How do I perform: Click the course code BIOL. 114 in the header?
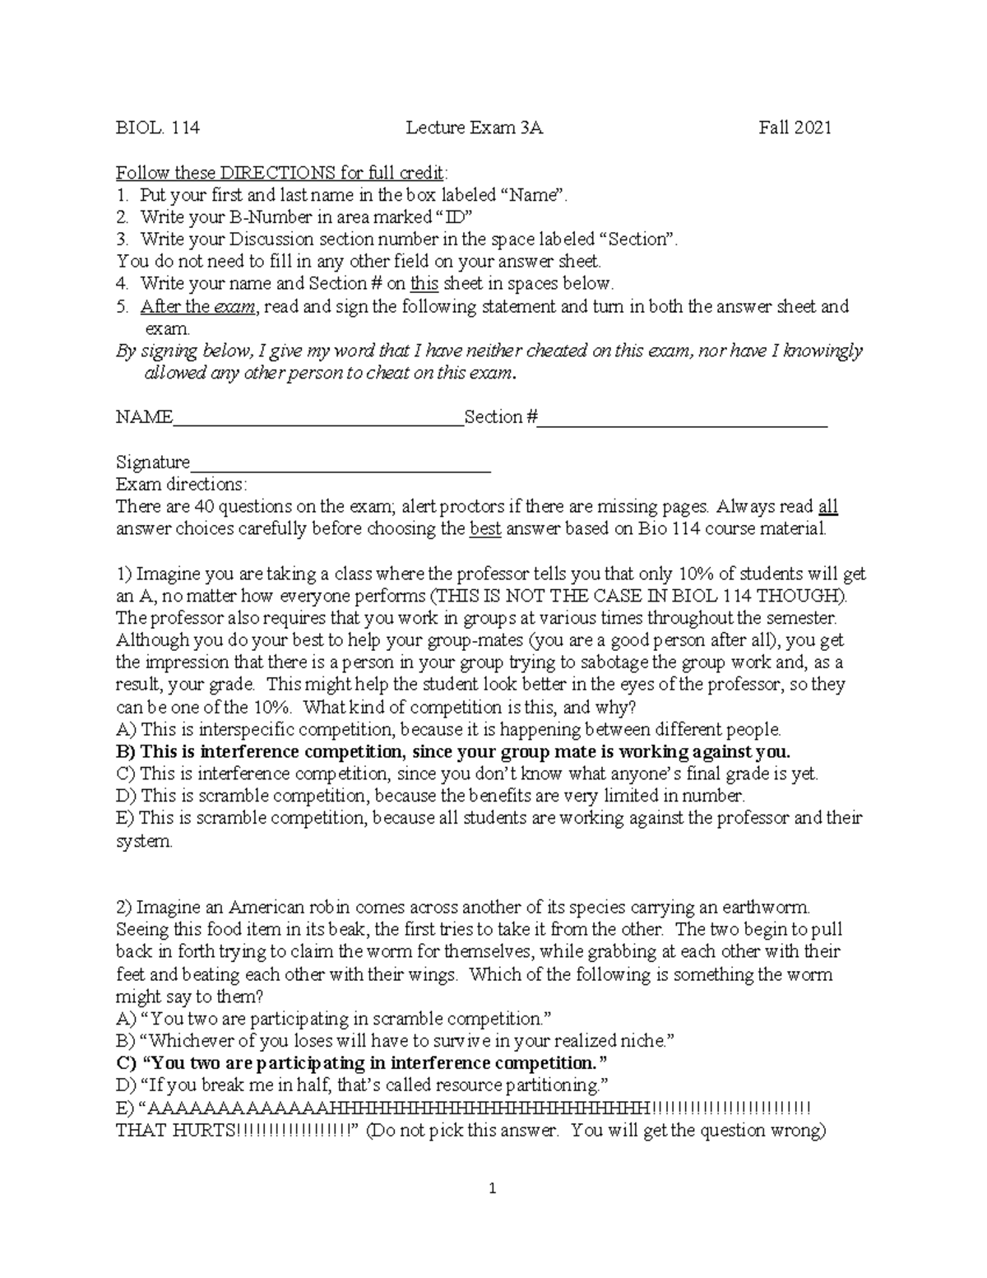[157, 128]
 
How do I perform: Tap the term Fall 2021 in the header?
[795, 128]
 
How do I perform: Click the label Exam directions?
[181, 484]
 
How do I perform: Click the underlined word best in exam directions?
[484, 528]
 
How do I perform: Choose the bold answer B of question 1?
[453, 751]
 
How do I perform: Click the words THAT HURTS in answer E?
[175, 1130]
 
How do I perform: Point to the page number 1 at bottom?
[493, 1188]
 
